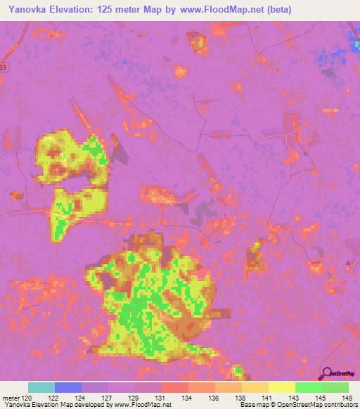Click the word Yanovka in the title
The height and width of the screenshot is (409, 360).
[x=30, y=10]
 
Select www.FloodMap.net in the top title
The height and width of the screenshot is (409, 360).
[x=217, y=10]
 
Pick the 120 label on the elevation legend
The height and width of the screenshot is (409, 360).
[x=27, y=398]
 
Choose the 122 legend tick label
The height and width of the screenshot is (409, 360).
[x=54, y=398]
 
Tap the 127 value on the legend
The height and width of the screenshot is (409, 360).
[x=108, y=398]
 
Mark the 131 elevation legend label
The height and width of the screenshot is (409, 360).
[x=161, y=398]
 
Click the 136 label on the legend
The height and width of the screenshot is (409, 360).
[x=214, y=398]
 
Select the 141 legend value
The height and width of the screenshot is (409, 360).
[x=268, y=398]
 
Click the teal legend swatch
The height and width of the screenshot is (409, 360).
[x=41, y=387]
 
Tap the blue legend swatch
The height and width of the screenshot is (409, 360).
[x=67, y=387]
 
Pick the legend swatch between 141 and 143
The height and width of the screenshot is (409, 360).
[x=281, y=387]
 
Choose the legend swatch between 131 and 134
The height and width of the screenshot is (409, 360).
[x=174, y=387]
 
